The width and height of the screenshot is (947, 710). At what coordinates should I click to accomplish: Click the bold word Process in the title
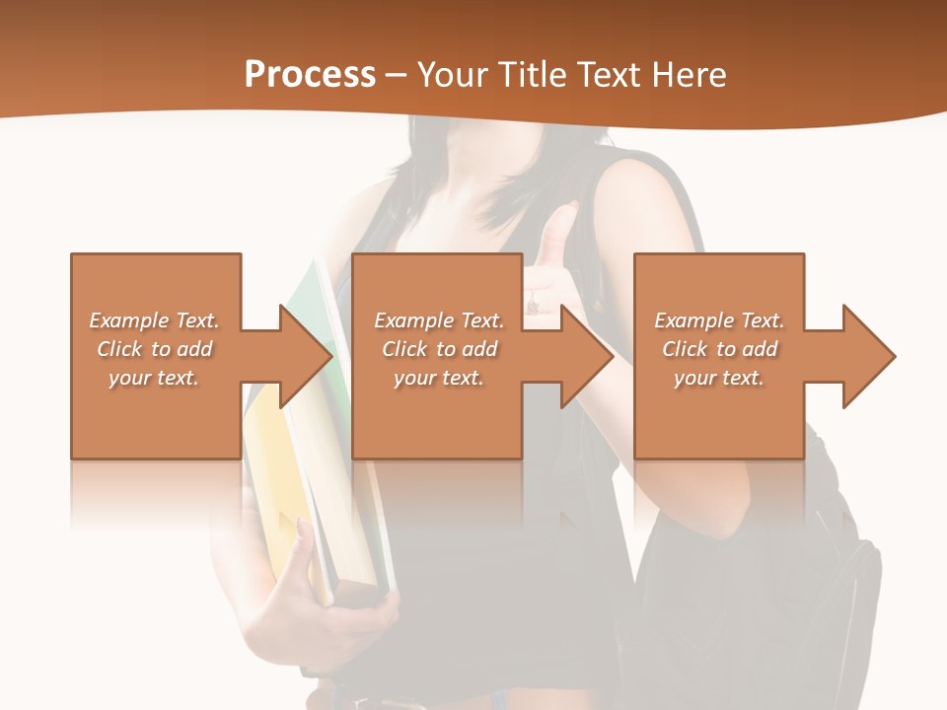310,75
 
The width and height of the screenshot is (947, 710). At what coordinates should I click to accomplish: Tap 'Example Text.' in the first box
154,320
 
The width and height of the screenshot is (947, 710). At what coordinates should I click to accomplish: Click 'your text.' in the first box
154,378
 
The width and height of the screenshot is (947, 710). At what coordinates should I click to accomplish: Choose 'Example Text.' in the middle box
439,320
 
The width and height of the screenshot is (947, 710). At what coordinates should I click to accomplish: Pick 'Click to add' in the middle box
439,349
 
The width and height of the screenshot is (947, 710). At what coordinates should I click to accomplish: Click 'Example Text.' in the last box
719,320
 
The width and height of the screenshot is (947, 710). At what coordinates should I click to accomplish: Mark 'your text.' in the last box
719,378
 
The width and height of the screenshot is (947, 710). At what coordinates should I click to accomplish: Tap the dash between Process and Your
397,75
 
